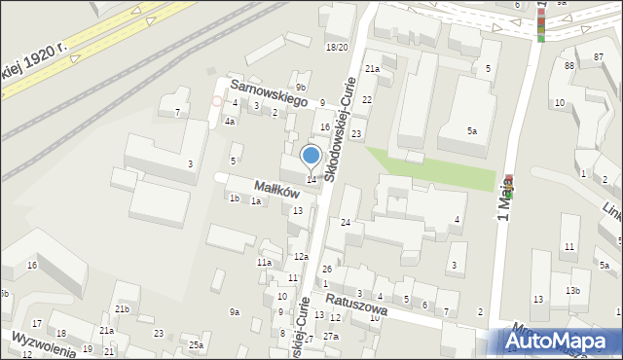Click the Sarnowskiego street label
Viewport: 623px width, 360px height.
pyautogui.click(x=269, y=90)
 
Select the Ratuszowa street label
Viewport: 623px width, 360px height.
pyautogui.click(x=357, y=305)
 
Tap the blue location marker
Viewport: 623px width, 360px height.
pyautogui.click(x=311, y=156)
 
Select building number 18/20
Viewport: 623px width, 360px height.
pyautogui.click(x=337, y=47)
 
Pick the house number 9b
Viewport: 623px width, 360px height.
pyautogui.click(x=302, y=88)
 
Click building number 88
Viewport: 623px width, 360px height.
pyautogui.click(x=568, y=65)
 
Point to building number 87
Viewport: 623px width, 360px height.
pyautogui.click(x=596, y=58)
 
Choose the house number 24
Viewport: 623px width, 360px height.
pyautogui.click(x=346, y=223)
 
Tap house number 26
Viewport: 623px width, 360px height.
pyautogui.click(x=327, y=269)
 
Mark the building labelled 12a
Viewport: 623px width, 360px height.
pyautogui.click(x=302, y=257)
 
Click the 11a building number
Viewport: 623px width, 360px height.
pyautogui.click(x=264, y=263)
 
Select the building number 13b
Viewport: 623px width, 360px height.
pyautogui.click(x=573, y=291)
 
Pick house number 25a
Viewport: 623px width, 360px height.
pyautogui.click(x=197, y=345)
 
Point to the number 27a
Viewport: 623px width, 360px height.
pyautogui.click(x=331, y=337)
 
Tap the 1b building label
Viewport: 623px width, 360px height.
pyautogui.click(x=234, y=198)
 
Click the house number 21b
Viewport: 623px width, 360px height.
pyautogui.click(x=122, y=308)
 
